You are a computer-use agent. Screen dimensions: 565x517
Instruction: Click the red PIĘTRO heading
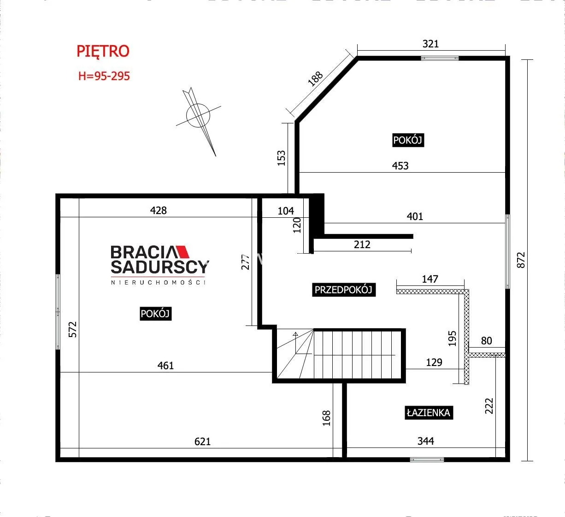point(103,52)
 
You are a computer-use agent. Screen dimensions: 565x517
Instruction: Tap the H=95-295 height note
point(104,76)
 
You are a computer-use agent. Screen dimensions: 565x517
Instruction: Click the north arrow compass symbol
point(199,118)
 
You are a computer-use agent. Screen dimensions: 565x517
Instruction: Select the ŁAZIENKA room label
point(429,412)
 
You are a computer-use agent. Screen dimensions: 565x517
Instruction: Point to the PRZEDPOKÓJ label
point(344,290)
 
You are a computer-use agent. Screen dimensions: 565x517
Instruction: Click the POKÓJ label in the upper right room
point(408,140)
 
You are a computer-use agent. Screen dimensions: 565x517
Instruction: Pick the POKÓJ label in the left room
point(155,314)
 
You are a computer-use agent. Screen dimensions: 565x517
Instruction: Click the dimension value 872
point(521,260)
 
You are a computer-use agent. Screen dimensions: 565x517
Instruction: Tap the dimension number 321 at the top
point(430,44)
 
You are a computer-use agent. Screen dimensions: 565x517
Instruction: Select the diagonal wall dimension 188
point(315,79)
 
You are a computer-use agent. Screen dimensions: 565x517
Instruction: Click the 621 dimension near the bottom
point(202,441)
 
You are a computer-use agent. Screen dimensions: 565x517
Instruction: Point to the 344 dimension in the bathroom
point(425,441)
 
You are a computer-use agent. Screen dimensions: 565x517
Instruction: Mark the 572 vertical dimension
point(73,329)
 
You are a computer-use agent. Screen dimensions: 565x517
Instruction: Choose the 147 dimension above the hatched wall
point(430,279)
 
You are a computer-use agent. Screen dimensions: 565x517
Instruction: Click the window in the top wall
point(440,58)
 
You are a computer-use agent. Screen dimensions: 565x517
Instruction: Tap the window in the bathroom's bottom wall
point(427,459)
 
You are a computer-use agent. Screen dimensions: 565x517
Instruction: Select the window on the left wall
point(58,312)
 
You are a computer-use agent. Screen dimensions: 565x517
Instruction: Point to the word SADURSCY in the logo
point(160,267)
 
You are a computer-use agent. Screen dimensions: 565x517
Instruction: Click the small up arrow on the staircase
point(295,334)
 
